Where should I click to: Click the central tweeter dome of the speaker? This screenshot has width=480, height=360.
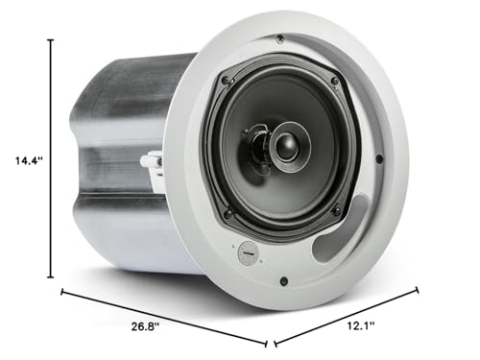tap(285, 146)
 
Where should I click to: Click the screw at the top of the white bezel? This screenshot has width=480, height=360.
tap(279, 39)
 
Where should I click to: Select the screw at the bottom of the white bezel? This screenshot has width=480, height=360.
tap(284, 281)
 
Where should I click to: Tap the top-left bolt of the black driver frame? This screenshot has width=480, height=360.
tap(226, 81)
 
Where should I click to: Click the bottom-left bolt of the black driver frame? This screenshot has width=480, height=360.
tap(228, 213)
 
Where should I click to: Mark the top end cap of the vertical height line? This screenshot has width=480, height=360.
tap(50, 41)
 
